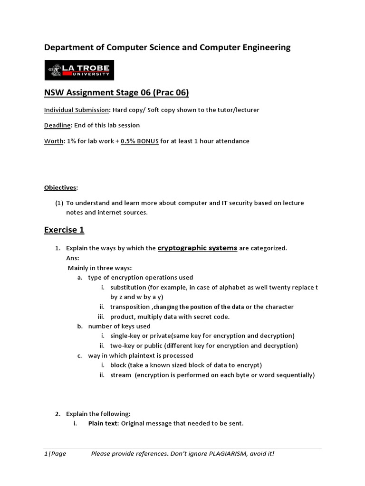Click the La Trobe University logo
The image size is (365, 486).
point(79,70)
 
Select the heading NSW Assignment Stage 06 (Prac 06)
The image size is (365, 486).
point(116,93)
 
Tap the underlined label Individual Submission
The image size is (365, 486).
point(77,110)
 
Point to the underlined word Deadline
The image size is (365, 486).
point(58,125)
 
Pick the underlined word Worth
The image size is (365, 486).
point(54,141)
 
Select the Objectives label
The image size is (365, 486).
point(60,187)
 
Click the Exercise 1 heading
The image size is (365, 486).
point(64,230)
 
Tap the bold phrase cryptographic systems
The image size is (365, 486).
point(197,248)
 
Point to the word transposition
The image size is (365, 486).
point(130,307)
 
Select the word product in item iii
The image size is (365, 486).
point(122,317)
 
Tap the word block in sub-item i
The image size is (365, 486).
point(118,365)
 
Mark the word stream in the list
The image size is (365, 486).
point(121,375)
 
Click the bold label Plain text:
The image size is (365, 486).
point(104,423)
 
